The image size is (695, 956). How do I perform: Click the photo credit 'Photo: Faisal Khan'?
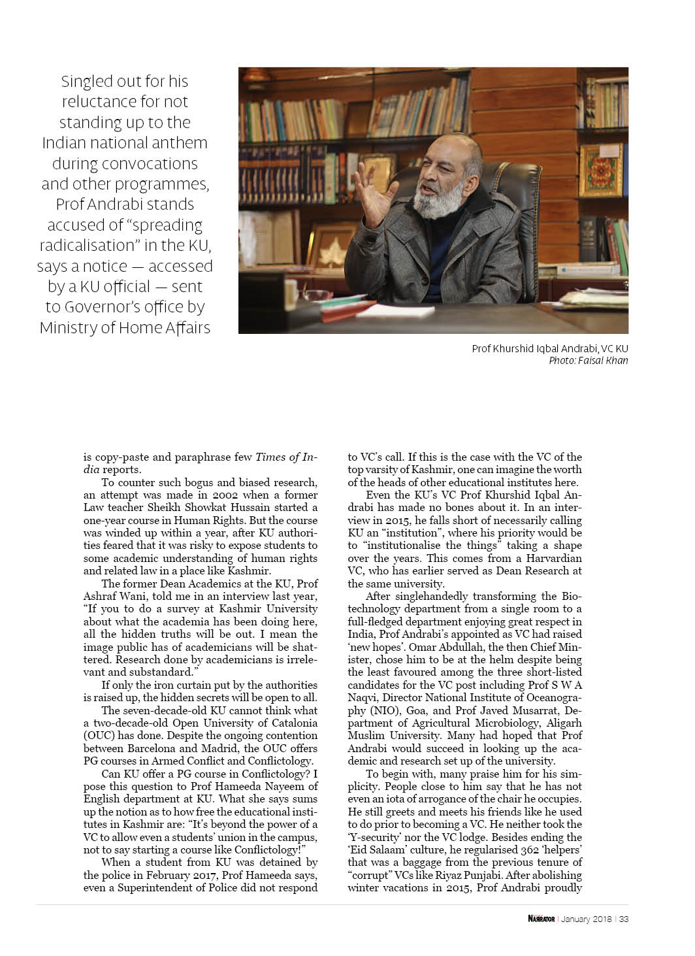[x=588, y=360]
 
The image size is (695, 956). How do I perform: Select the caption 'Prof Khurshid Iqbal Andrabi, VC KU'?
[x=549, y=349]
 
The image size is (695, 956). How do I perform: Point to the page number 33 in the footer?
[x=623, y=919]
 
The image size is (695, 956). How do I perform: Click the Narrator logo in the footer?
[x=541, y=919]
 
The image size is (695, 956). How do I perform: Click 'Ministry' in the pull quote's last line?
[x=69, y=327]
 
